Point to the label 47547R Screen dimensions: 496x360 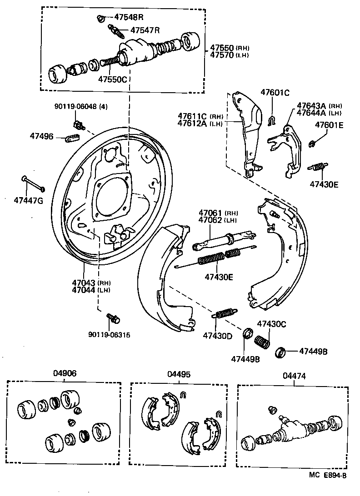145,30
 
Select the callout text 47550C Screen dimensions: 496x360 112,79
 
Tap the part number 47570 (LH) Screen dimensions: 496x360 230,55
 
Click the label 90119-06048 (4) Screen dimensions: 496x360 78,106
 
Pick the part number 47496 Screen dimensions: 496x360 42,136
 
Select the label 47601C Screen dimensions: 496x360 275,93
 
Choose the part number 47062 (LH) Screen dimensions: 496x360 218,220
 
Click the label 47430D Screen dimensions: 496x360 218,336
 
